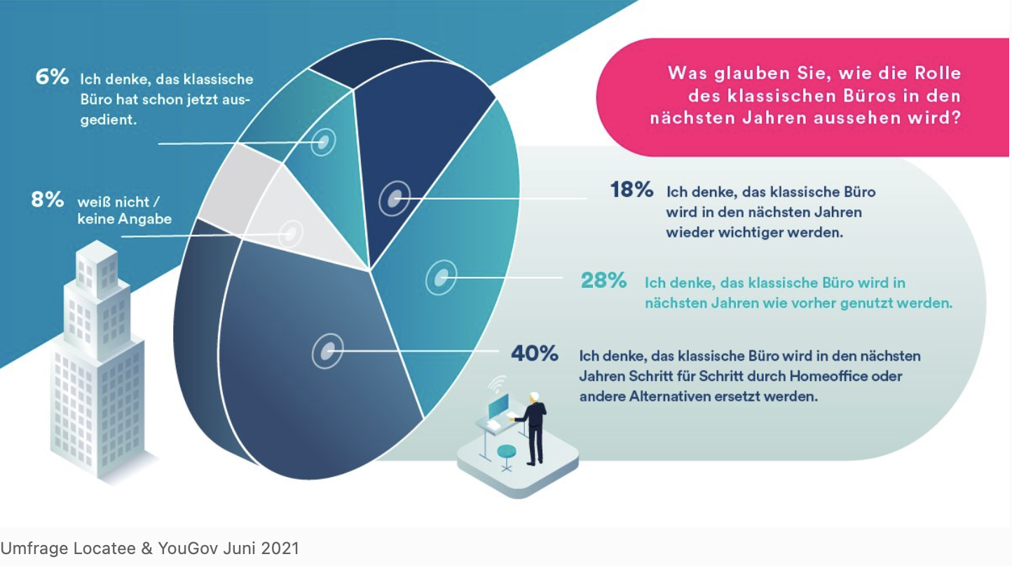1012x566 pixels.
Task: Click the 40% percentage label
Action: click(x=535, y=353)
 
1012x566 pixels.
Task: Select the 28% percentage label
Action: click(x=603, y=281)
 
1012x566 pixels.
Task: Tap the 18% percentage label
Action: click(x=631, y=189)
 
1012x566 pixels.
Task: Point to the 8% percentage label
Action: click(x=48, y=200)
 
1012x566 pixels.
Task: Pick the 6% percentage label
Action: click(x=53, y=76)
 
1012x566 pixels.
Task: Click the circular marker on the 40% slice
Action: click(x=327, y=350)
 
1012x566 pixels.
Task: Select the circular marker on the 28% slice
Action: click(x=441, y=278)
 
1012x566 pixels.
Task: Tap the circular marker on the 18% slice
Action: click(x=395, y=199)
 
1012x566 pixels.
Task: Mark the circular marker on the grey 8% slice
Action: click(x=291, y=233)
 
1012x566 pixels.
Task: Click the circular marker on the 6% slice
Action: click(x=323, y=141)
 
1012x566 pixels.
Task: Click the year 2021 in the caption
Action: click(x=280, y=548)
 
